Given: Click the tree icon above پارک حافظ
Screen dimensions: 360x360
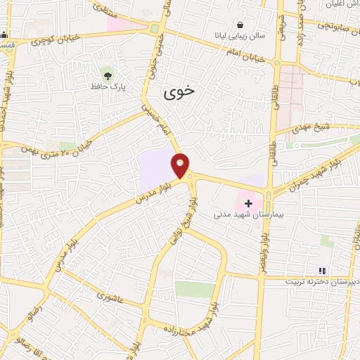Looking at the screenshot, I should pyautogui.click(x=107, y=73).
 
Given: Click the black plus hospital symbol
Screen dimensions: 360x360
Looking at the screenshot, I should pyautogui.click(x=248, y=202).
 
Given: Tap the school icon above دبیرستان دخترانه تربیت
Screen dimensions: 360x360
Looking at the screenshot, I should pyautogui.click(x=322, y=270).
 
